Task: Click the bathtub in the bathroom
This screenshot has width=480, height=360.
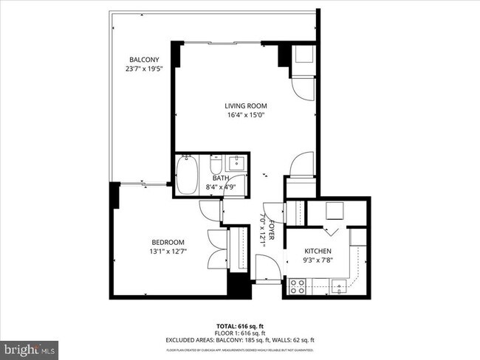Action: click(188, 176)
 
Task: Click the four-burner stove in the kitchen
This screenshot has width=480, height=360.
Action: click(298, 286)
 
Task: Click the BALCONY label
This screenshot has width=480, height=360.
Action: click(144, 60)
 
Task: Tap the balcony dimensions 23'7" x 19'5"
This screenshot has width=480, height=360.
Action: click(144, 69)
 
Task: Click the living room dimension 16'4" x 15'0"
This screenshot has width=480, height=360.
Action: click(246, 115)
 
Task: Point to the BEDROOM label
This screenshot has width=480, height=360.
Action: click(168, 243)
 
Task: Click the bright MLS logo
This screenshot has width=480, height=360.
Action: click(30, 347)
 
